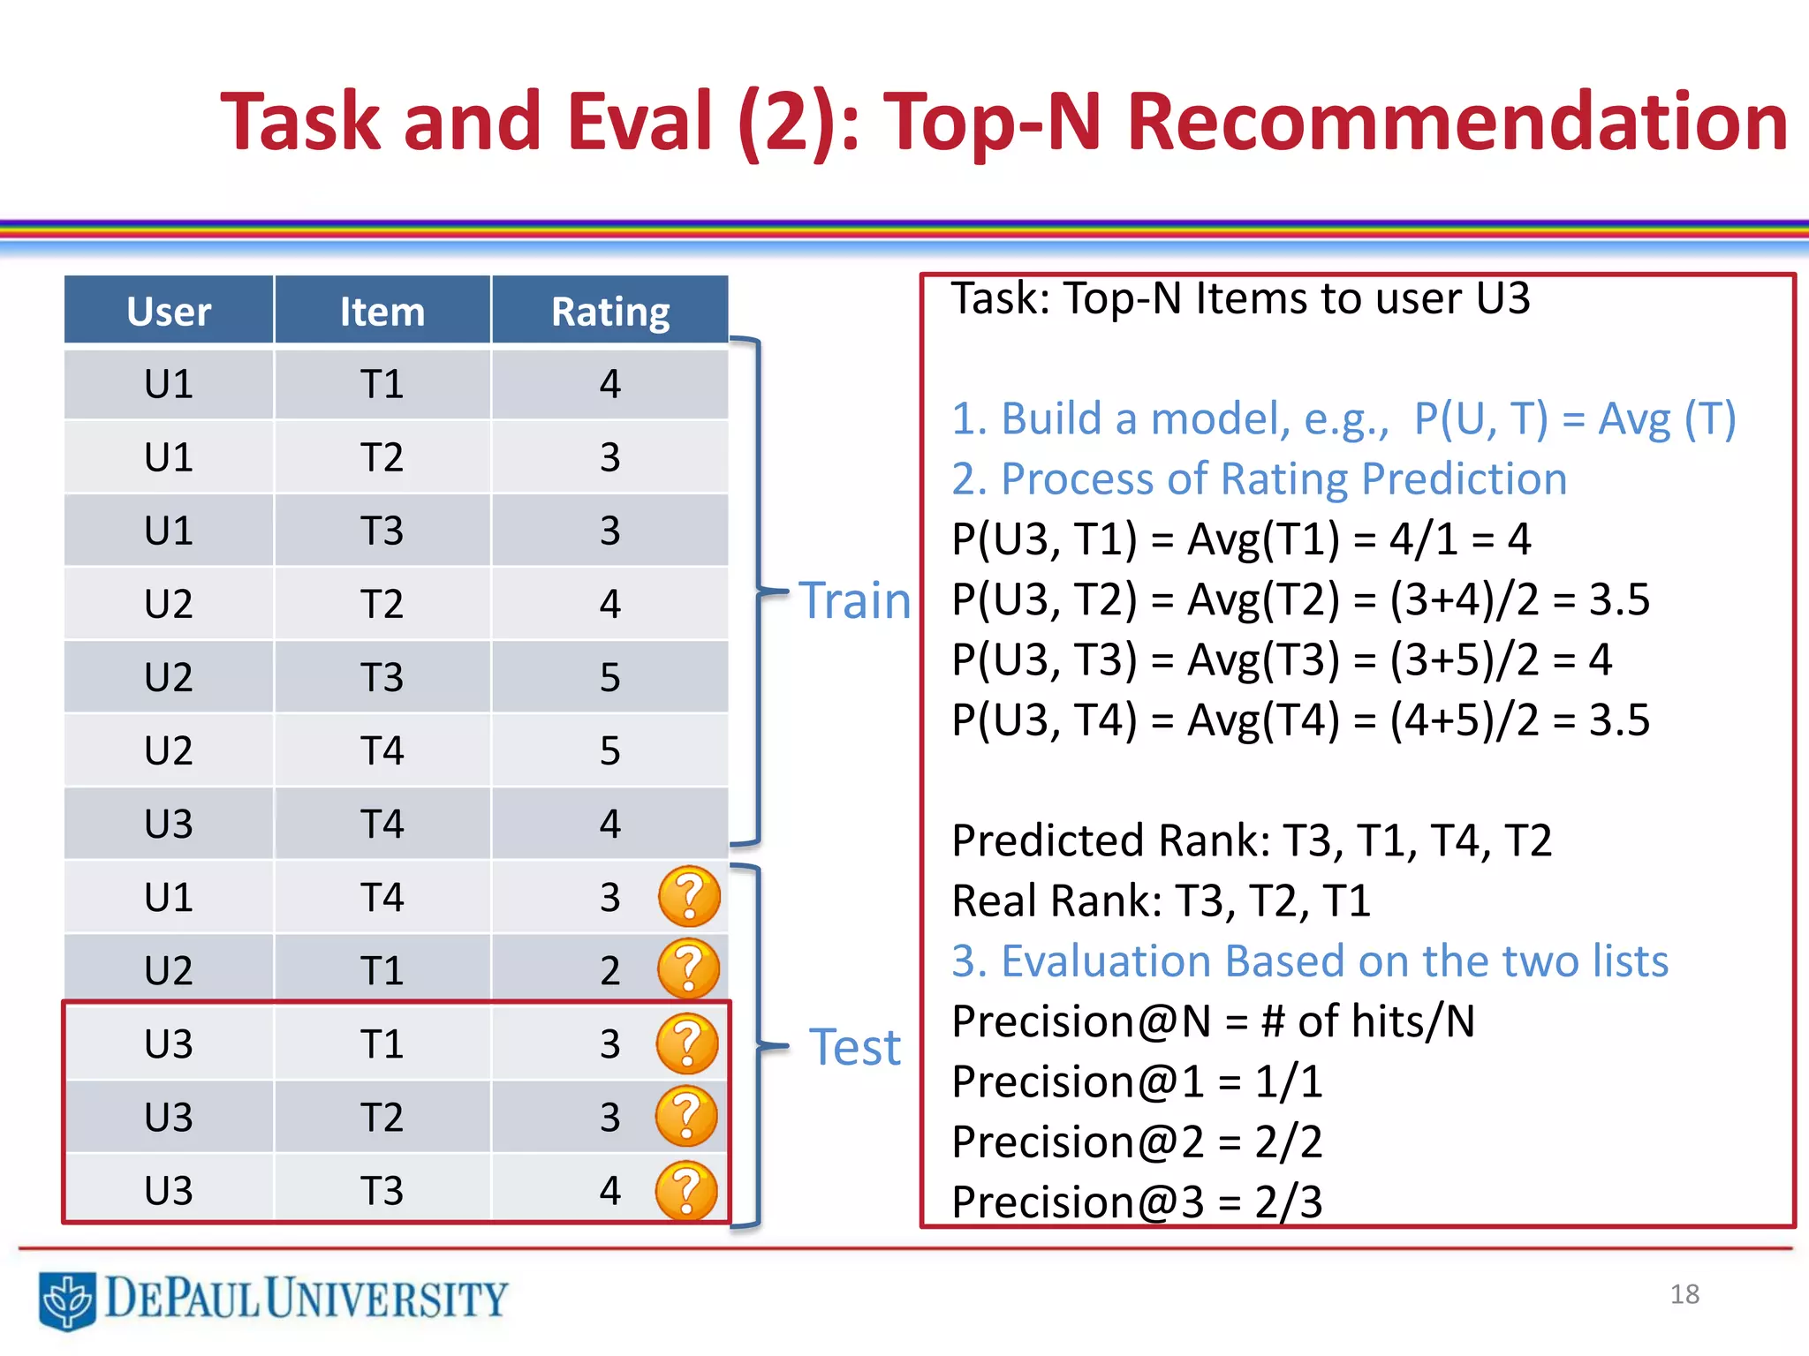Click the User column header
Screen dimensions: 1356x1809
pyautogui.click(x=169, y=311)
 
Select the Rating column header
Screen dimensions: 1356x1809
pyautogui.click(x=609, y=311)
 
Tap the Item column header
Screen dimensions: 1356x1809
pyautogui.click(x=382, y=311)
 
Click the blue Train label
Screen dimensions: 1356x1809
pyautogui.click(x=854, y=601)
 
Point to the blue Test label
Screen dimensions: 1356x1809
pyautogui.click(x=854, y=1048)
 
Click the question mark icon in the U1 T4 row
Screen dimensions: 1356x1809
pyautogui.click(x=689, y=896)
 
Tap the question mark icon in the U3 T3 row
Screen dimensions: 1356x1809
pyautogui.click(x=686, y=1190)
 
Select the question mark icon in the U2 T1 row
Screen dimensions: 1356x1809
pyautogui.click(x=688, y=969)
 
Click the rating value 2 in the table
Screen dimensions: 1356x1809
pyautogui.click(x=609, y=971)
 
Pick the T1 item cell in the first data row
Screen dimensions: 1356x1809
pyautogui.click(x=382, y=385)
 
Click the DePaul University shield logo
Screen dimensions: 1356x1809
pyautogui.click(x=67, y=1299)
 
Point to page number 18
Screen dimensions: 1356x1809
pyautogui.click(x=1684, y=1294)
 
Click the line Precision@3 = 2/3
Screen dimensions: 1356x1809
pyautogui.click(x=1137, y=1202)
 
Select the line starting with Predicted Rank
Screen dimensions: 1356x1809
pyautogui.click(x=1251, y=840)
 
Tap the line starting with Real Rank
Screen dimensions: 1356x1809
pyautogui.click(x=1160, y=901)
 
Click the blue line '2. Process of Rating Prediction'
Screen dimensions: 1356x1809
pyautogui.click(x=1259, y=479)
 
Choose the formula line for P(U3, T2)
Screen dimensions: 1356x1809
pyautogui.click(x=1299, y=599)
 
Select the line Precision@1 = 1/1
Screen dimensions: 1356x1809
pyautogui.click(x=1137, y=1081)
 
